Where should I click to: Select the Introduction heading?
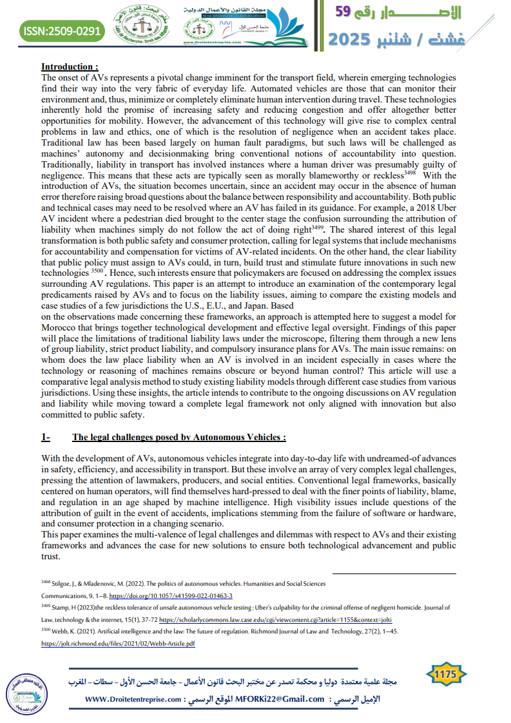click(x=70, y=66)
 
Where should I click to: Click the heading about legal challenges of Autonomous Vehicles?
click(x=178, y=437)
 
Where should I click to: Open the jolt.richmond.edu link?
click(x=118, y=643)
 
